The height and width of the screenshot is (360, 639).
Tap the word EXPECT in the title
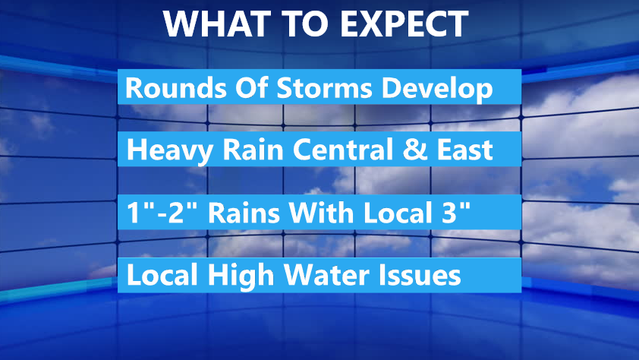coord(404,24)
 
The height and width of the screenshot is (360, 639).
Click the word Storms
coord(324,87)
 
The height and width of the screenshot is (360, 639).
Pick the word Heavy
coord(170,150)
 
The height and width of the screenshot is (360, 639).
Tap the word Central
coord(343,150)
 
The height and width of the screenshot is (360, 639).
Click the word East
coord(464,150)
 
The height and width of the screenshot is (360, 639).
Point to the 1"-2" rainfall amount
coord(162,212)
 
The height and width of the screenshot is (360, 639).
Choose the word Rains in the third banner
coord(244,213)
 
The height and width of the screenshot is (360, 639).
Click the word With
coord(321,212)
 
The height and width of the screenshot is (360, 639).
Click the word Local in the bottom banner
coord(162,274)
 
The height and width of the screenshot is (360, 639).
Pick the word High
coord(241,276)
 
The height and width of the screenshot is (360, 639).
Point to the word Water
coord(327,275)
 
